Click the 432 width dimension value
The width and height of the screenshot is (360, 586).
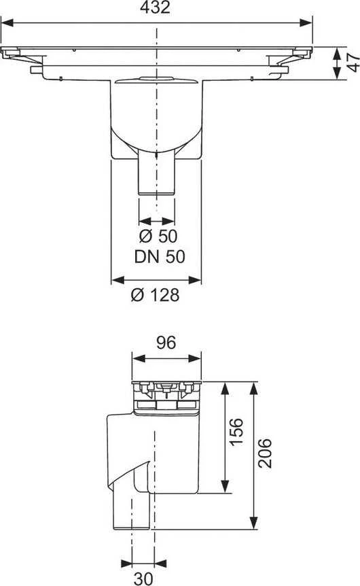click(155, 7)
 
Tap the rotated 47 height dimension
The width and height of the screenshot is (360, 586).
click(353, 63)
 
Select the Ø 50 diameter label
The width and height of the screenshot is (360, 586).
click(158, 236)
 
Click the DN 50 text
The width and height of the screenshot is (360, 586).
click(160, 257)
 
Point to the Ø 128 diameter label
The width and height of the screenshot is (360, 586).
click(155, 295)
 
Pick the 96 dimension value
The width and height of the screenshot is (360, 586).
click(166, 343)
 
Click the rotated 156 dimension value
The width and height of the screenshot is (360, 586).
click(236, 432)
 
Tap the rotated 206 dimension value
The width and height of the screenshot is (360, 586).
click(265, 453)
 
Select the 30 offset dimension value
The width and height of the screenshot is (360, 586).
click(143, 579)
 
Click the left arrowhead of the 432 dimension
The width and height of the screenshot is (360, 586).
click(7, 23)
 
